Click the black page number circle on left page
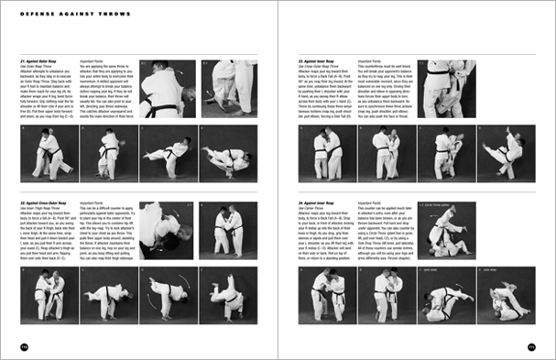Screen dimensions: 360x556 24,345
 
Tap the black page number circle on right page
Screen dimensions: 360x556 531,345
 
